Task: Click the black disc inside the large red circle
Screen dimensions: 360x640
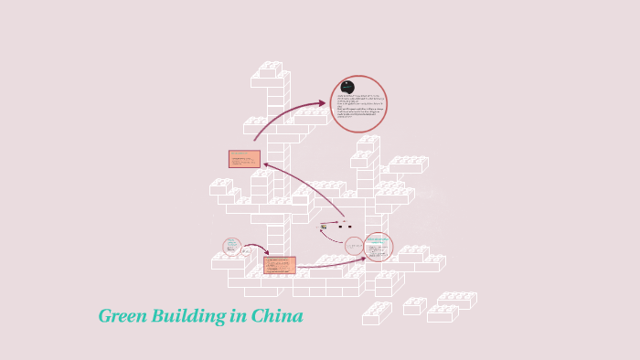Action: pyautogui.click(x=347, y=87)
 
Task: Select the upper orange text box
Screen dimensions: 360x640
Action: pyautogui.click(x=244, y=159)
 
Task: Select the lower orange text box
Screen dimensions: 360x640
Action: pyautogui.click(x=279, y=265)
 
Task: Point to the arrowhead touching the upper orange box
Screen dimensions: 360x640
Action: pyautogui.click(x=266, y=164)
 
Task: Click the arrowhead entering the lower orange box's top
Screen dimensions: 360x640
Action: pyautogui.click(x=266, y=253)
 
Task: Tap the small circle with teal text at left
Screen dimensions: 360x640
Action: pyautogui.click(x=232, y=247)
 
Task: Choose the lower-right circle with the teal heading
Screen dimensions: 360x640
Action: pyautogui.click(x=378, y=246)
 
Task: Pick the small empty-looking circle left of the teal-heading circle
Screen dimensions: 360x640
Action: pyautogui.click(x=354, y=246)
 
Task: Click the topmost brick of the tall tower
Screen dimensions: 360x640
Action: pyautogui.click(x=270, y=69)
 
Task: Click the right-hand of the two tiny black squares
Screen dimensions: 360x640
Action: pyautogui.click(x=349, y=226)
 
